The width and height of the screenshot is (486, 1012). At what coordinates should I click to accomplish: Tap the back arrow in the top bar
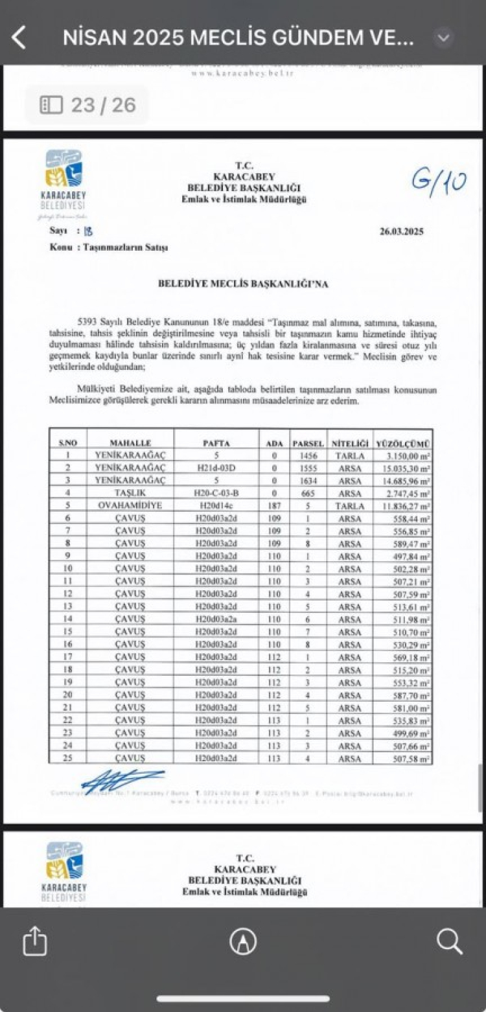click(19, 38)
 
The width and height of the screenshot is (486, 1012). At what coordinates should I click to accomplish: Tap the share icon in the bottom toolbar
click(35, 941)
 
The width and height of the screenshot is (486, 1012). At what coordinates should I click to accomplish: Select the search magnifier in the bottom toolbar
click(449, 941)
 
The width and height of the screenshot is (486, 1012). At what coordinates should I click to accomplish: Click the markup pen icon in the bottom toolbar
click(243, 941)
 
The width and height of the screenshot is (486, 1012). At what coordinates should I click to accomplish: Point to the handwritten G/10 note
click(438, 181)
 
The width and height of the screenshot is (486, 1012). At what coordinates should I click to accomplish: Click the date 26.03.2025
click(402, 231)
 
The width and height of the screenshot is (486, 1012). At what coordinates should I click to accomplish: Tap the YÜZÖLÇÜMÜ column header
click(403, 443)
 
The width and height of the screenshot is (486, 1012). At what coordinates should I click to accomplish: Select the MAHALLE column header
click(130, 443)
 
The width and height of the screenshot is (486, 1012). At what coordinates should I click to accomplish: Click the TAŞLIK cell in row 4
click(130, 493)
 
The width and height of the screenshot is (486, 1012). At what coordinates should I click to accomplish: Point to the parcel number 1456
click(308, 455)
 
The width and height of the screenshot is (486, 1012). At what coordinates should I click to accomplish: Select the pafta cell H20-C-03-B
click(216, 493)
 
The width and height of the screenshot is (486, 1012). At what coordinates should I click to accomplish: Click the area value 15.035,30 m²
click(404, 468)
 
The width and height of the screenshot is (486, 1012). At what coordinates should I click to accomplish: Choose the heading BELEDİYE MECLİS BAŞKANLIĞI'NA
click(244, 283)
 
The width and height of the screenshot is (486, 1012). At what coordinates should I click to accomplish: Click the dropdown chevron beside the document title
click(443, 38)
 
